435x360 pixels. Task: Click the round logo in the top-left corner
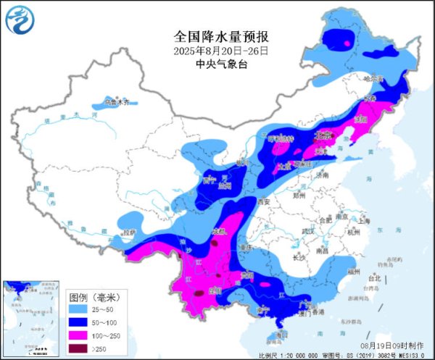(20, 19)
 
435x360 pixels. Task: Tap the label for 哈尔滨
(371, 78)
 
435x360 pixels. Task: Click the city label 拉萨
(129, 233)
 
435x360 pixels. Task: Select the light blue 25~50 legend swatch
(78, 309)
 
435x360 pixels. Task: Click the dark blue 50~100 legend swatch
(78, 322)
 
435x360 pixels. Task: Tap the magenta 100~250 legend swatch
(78, 335)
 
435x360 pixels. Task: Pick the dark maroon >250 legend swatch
(78, 348)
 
